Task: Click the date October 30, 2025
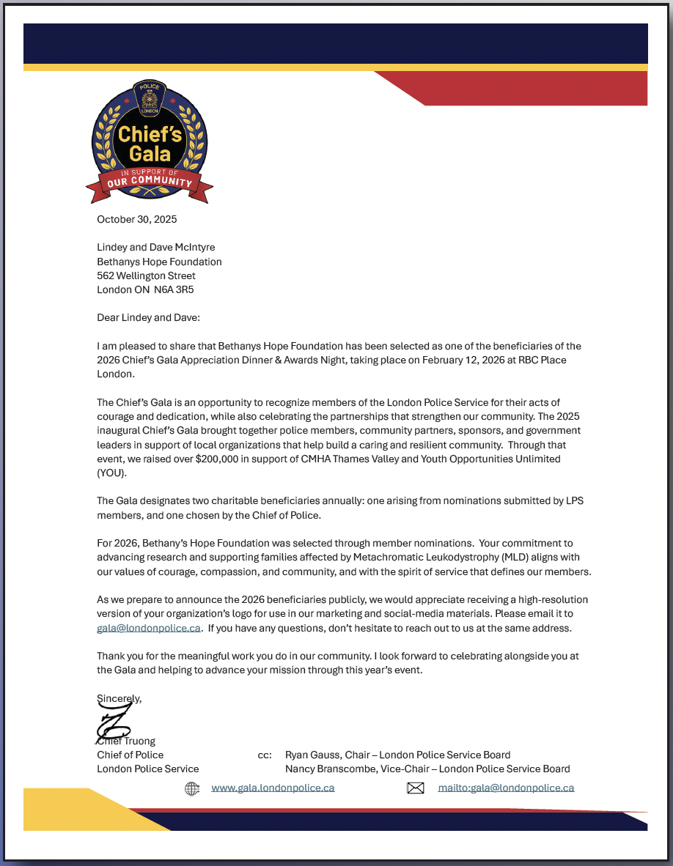click(137, 219)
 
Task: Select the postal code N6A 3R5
click(174, 289)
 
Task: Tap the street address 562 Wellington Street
click(147, 275)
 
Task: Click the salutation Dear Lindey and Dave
click(148, 317)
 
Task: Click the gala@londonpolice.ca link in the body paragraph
click(149, 628)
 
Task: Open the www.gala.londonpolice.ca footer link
click(273, 788)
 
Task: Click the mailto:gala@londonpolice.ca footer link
click(506, 788)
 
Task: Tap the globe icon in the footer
click(192, 788)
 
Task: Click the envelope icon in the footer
click(416, 788)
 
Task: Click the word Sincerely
click(119, 698)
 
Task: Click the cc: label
click(265, 755)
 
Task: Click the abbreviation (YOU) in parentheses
click(111, 473)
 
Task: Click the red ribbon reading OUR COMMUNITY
click(150, 182)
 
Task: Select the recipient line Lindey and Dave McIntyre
click(156, 247)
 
